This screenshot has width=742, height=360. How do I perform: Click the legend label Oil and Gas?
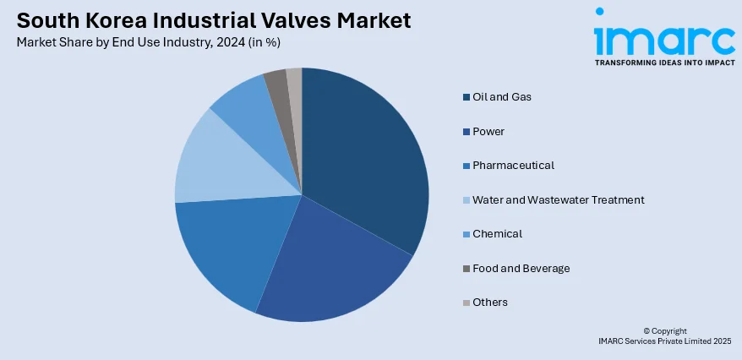pos(502,96)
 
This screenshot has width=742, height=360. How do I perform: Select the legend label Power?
pos(488,131)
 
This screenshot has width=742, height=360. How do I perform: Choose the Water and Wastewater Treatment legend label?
pos(559,199)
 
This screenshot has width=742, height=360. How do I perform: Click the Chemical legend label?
pos(497,233)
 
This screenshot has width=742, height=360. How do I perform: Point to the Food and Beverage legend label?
pos(521,268)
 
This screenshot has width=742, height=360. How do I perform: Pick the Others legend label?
pos(490,302)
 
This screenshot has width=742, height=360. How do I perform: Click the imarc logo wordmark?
pos(663,38)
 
